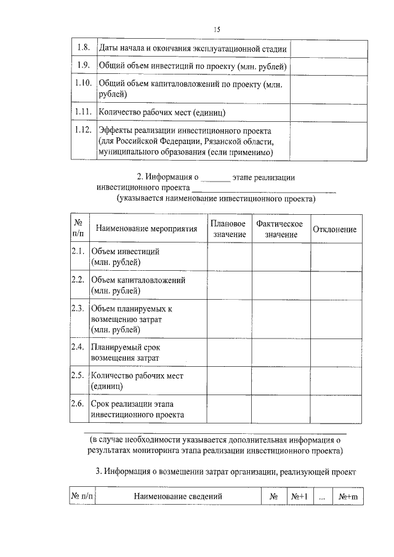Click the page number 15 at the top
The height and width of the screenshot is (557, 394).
[217, 29]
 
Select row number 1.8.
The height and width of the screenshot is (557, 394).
[83, 47]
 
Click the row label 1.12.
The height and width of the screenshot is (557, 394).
[83, 130]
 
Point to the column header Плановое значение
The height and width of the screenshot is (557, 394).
[228, 229]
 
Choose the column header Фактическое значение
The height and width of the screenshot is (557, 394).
[280, 229]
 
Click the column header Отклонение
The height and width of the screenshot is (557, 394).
[335, 229]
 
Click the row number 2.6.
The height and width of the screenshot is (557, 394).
[78, 404]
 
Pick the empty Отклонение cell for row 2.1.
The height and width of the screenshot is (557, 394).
[335, 257]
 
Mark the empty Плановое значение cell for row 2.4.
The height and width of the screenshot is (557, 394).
[228, 352]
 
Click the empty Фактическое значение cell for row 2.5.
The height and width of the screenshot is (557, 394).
[280, 381]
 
